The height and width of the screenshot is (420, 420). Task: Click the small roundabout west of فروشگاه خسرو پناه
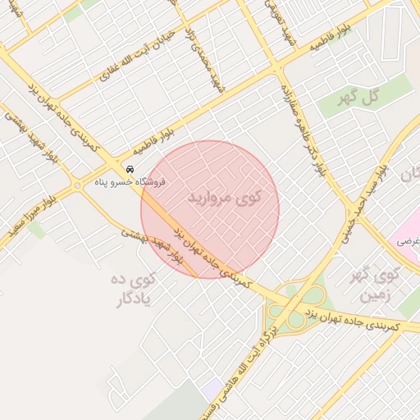79,185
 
